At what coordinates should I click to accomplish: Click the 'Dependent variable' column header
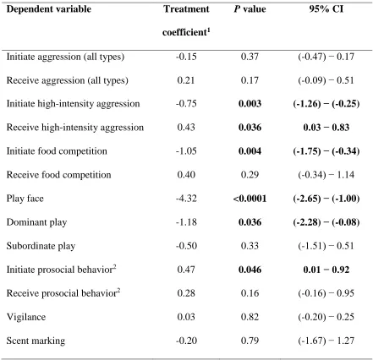(49, 9)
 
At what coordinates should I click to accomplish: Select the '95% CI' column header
(326, 9)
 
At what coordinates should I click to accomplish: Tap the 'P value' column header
(250, 9)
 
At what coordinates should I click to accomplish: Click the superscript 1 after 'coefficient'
(209, 30)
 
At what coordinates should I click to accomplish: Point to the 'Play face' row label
(25, 199)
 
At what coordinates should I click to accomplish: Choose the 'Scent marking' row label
(36, 341)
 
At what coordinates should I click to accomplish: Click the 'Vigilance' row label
(26, 317)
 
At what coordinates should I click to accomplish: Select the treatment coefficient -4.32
(186, 199)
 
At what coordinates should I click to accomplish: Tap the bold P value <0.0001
(250, 199)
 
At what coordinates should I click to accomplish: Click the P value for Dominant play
(250, 222)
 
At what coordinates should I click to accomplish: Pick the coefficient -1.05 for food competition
(186, 151)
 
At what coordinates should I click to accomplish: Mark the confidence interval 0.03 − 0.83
(326, 128)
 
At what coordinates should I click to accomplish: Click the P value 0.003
(250, 104)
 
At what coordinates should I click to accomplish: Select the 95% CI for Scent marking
(326, 341)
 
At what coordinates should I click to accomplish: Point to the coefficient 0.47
(186, 270)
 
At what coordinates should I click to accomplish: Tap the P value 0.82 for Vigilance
(250, 317)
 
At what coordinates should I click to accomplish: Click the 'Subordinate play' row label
(41, 246)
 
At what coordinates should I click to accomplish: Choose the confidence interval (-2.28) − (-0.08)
(326, 222)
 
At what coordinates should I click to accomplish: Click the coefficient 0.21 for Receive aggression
(186, 80)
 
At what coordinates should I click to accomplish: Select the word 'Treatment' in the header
(186, 9)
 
